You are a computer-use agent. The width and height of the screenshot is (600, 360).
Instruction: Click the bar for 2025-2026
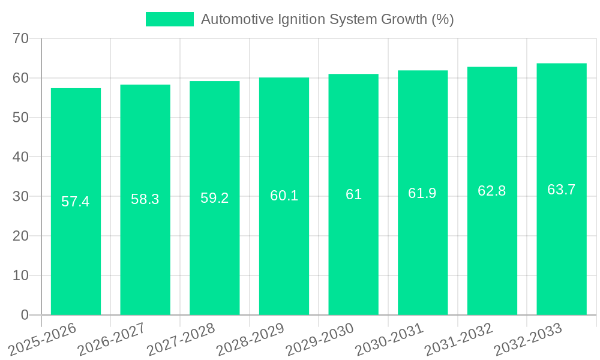pos(76,252)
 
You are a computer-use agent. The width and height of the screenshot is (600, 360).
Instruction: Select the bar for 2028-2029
pos(284,252)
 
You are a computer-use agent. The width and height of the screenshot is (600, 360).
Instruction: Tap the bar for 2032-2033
pos(562,252)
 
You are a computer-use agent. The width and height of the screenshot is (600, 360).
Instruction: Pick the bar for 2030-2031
pos(423,252)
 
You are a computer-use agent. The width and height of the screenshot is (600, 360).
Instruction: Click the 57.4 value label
pos(76,202)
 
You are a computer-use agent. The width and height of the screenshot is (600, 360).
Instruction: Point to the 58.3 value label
pos(145,199)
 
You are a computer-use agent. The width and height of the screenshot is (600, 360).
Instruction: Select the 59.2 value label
pos(215,198)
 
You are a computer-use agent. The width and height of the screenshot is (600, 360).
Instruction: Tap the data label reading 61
pos(353,194)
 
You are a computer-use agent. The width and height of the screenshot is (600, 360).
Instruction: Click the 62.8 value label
pos(492,191)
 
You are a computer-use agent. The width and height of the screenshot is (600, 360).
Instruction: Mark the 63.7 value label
pos(562,190)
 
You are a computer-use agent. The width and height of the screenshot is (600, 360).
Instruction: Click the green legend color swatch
pos(170,19)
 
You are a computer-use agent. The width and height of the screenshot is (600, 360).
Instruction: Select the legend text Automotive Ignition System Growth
pos(327,19)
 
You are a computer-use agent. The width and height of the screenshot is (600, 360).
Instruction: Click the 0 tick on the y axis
pos(25,315)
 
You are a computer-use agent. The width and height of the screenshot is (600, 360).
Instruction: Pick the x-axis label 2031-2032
pos(458,339)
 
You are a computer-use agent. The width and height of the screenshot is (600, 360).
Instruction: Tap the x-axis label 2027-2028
pos(181,339)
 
